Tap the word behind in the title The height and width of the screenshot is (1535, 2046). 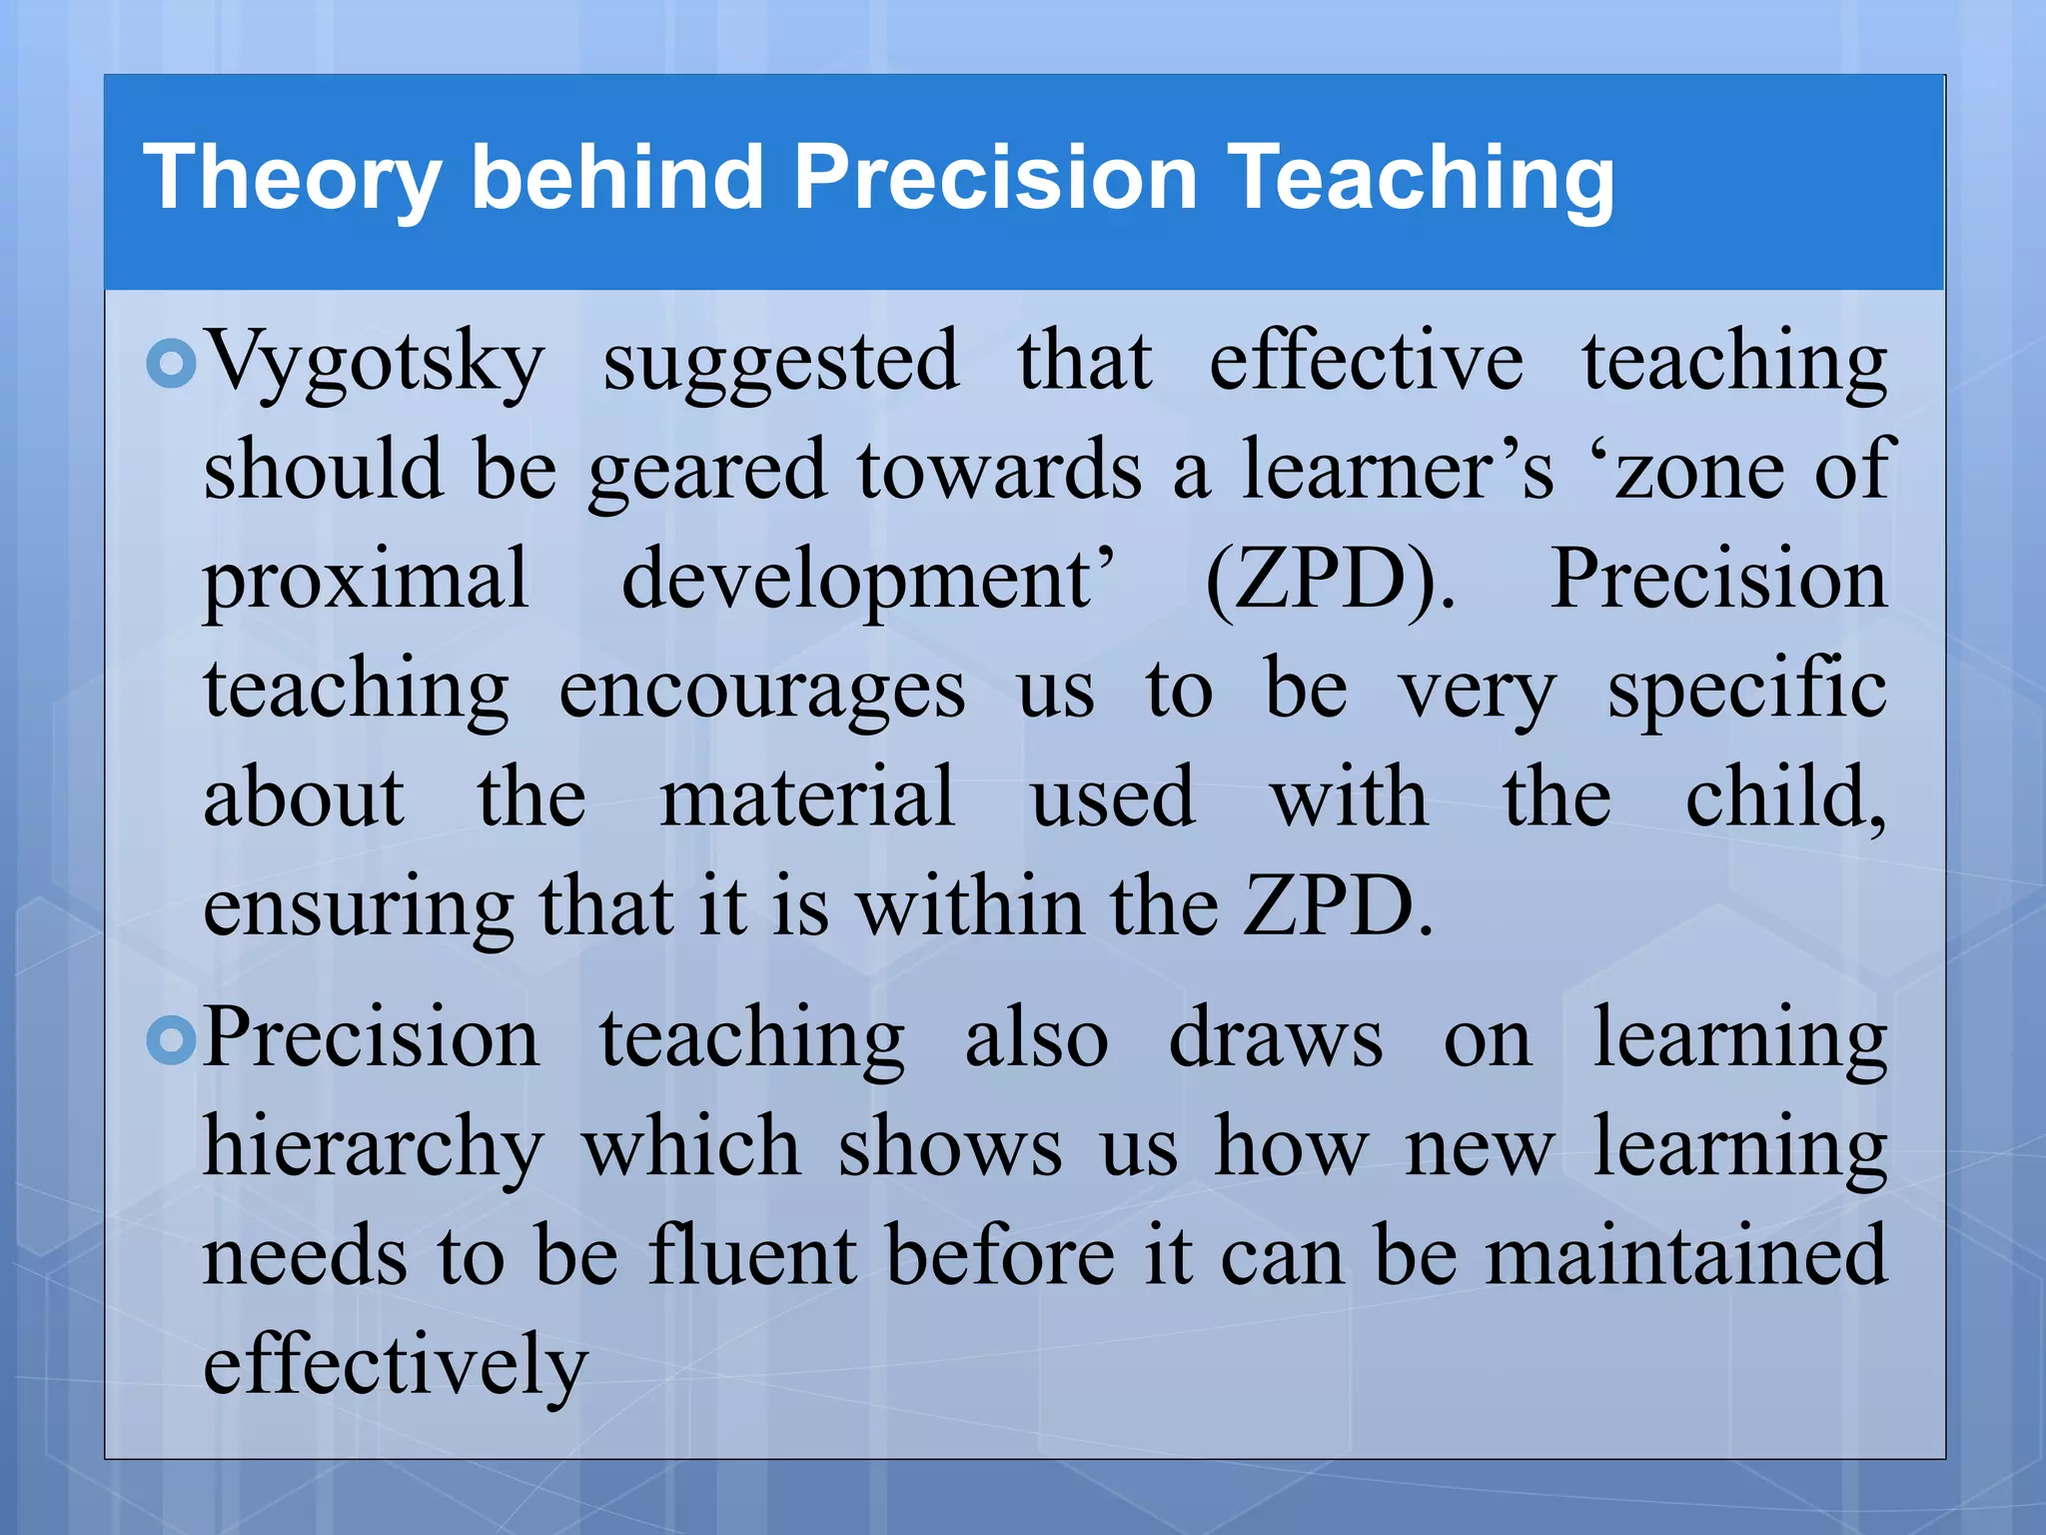pyautogui.click(x=616, y=178)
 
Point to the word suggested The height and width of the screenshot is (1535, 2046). pyautogui.click(x=781, y=362)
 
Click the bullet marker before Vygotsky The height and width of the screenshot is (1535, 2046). pyautogui.click(x=171, y=364)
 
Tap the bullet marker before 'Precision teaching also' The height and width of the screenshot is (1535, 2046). pyautogui.click(x=171, y=1041)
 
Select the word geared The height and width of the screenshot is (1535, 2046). pyautogui.click(x=707, y=472)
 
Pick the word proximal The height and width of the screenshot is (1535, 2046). pyautogui.click(x=366, y=582)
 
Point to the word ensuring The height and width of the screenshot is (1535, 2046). pyautogui.click(x=358, y=907)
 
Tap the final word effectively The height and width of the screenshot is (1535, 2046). pyautogui.click(x=396, y=1365)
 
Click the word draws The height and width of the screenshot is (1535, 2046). pyautogui.click(x=1276, y=1039)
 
